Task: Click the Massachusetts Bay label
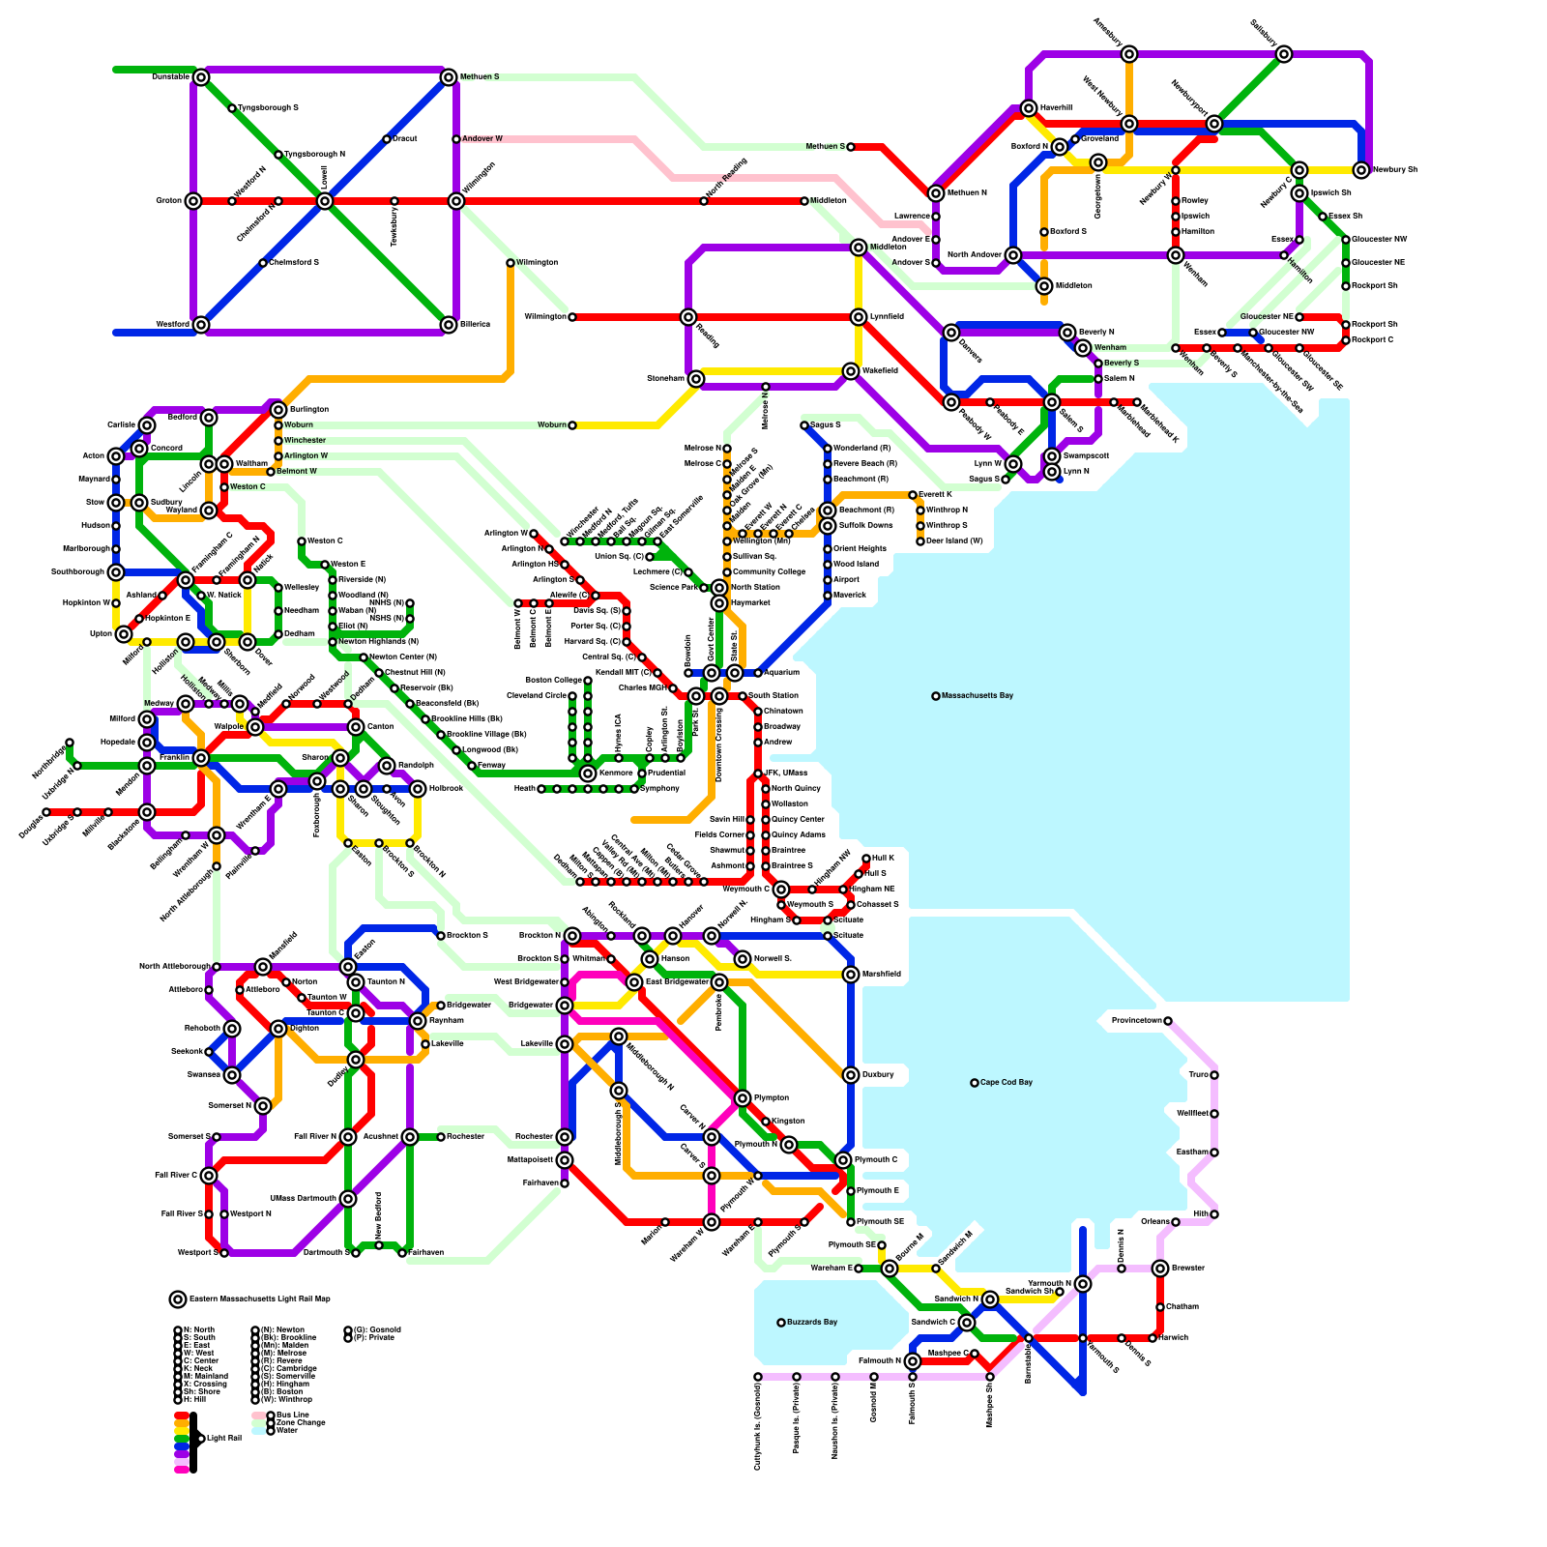[x=977, y=695]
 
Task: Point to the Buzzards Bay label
[x=812, y=1322]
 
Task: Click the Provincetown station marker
[x=1168, y=1021]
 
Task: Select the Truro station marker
[x=1214, y=1075]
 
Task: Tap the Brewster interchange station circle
[x=1160, y=1269]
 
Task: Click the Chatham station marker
[x=1160, y=1307]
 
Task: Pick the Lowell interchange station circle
[x=325, y=201]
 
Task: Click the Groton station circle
[x=193, y=201]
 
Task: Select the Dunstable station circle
[x=201, y=77]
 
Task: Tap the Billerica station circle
[x=449, y=325]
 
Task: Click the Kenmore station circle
[x=588, y=773]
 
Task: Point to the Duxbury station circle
[x=851, y=1075]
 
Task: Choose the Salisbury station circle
[x=1284, y=54]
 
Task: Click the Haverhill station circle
[x=1029, y=108]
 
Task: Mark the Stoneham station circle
[x=696, y=379]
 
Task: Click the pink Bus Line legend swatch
[x=258, y=1416]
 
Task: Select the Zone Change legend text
[x=301, y=1423]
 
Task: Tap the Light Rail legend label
[x=223, y=1439]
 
